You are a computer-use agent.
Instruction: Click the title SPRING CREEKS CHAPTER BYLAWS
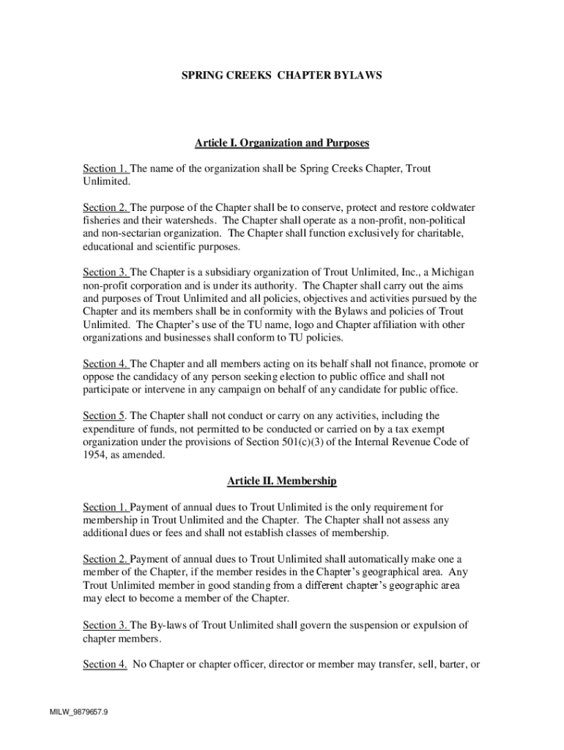(x=281, y=75)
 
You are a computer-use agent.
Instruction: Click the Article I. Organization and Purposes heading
(x=281, y=142)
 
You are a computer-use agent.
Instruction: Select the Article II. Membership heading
(x=281, y=481)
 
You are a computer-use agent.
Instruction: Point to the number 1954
(x=95, y=455)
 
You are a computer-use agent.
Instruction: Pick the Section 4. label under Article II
(x=105, y=664)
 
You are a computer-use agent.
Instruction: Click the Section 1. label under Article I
(x=105, y=168)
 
